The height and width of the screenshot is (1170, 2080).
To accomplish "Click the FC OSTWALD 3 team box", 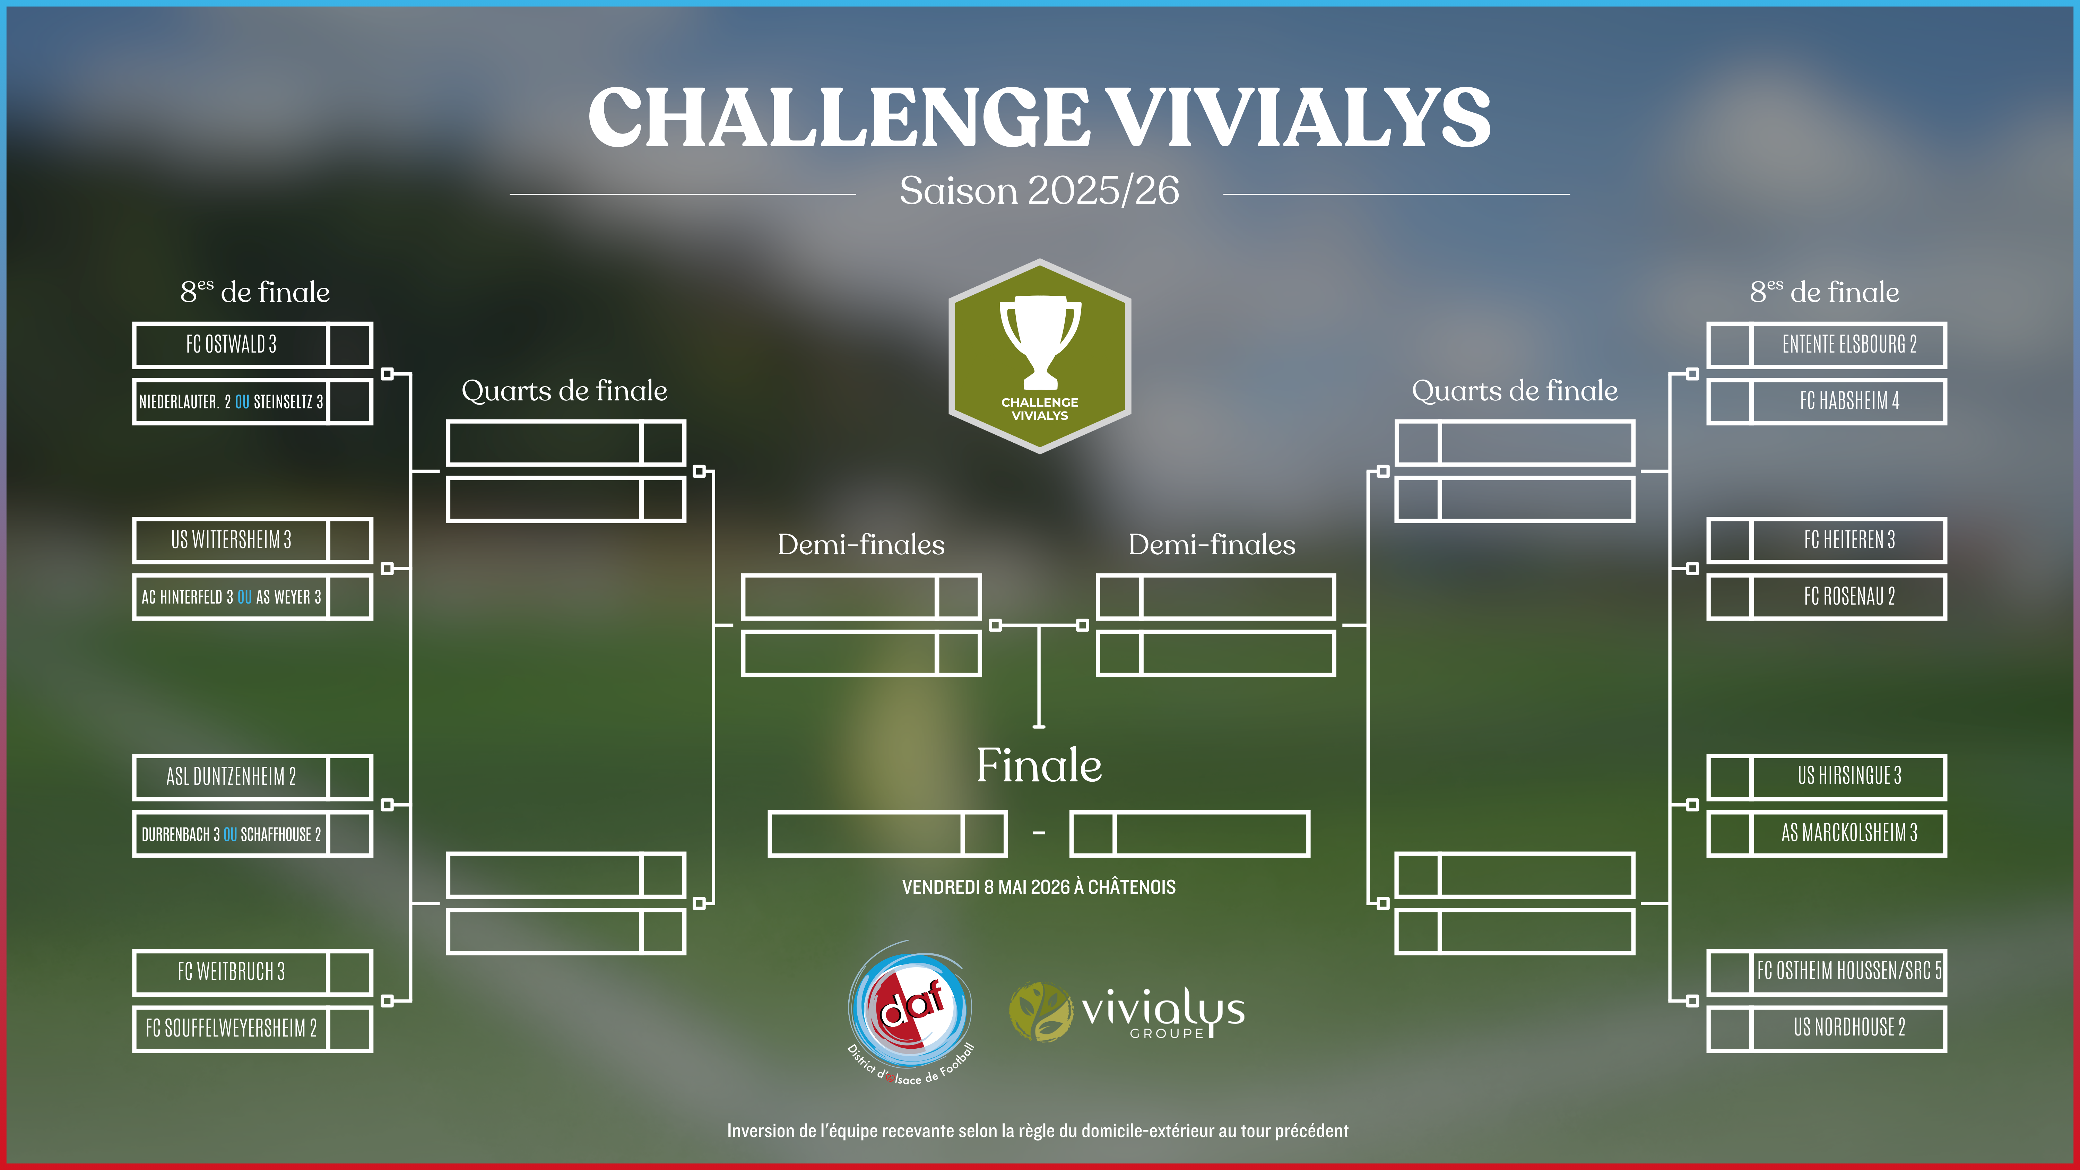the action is pyautogui.click(x=231, y=345).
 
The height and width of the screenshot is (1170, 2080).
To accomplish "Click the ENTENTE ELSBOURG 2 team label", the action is pyautogui.click(x=1849, y=345).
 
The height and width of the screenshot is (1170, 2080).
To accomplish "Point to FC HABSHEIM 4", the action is pyautogui.click(x=1849, y=401).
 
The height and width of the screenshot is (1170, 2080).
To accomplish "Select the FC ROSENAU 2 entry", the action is pyautogui.click(x=1849, y=597).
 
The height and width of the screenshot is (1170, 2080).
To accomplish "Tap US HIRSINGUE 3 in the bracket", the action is pyautogui.click(x=1849, y=776).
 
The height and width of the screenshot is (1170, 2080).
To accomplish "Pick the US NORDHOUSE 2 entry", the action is pyautogui.click(x=1849, y=1028).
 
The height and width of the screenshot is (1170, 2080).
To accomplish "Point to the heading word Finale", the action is pyautogui.click(x=1039, y=765).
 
